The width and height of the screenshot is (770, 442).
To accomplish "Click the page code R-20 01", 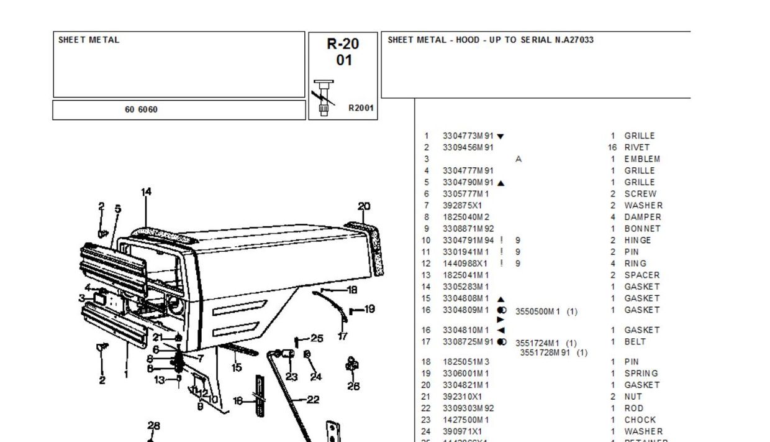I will click(x=343, y=52).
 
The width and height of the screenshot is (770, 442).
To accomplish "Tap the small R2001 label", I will click(x=361, y=108).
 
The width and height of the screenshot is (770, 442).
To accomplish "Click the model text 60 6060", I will click(x=141, y=110).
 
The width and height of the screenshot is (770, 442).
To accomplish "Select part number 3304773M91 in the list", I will click(x=468, y=136).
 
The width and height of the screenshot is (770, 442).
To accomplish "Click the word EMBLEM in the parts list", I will click(x=642, y=159).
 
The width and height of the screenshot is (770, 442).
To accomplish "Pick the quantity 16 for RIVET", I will click(x=612, y=147).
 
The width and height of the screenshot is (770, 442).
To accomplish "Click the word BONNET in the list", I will click(x=642, y=229).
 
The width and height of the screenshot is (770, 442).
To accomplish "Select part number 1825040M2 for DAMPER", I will click(x=466, y=217).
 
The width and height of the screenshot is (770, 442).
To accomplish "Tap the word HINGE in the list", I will click(x=638, y=241).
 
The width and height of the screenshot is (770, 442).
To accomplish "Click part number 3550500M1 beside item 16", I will click(x=538, y=311).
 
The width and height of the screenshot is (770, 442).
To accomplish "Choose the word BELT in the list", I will click(x=635, y=342).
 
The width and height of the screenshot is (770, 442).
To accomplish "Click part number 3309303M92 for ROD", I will click(x=468, y=408).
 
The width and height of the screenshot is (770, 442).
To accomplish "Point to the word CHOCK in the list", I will click(x=640, y=420).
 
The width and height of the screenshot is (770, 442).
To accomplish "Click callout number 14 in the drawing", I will click(x=146, y=192).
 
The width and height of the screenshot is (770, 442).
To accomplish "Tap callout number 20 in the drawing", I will click(x=365, y=206).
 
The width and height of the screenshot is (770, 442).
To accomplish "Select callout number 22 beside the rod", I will click(x=313, y=400).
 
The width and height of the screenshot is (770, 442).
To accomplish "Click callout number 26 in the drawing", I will click(x=353, y=386).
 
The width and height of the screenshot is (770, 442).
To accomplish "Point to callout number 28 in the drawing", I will click(x=154, y=426).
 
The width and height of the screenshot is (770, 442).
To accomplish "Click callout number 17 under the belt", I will click(x=343, y=336).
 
